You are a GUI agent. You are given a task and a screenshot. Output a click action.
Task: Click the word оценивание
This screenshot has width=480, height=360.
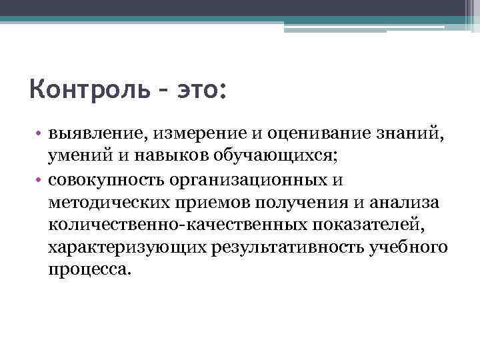pos(307,133)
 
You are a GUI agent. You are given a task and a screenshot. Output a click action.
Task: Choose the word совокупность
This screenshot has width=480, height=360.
pos(106,180)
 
